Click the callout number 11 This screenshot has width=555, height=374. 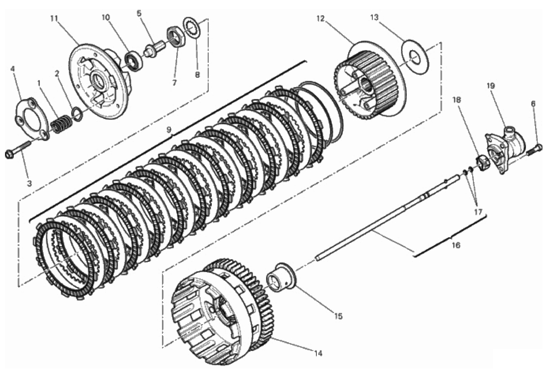(x=54, y=18)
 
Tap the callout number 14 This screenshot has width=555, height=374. (x=318, y=353)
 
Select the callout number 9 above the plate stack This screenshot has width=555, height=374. (x=169, y=129)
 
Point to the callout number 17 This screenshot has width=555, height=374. (x=478, y=212)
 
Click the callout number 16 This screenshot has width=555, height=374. (x=456, y=245)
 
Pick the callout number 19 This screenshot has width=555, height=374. (x=491, y=86)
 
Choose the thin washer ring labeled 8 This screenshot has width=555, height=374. (x=193, y=28)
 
